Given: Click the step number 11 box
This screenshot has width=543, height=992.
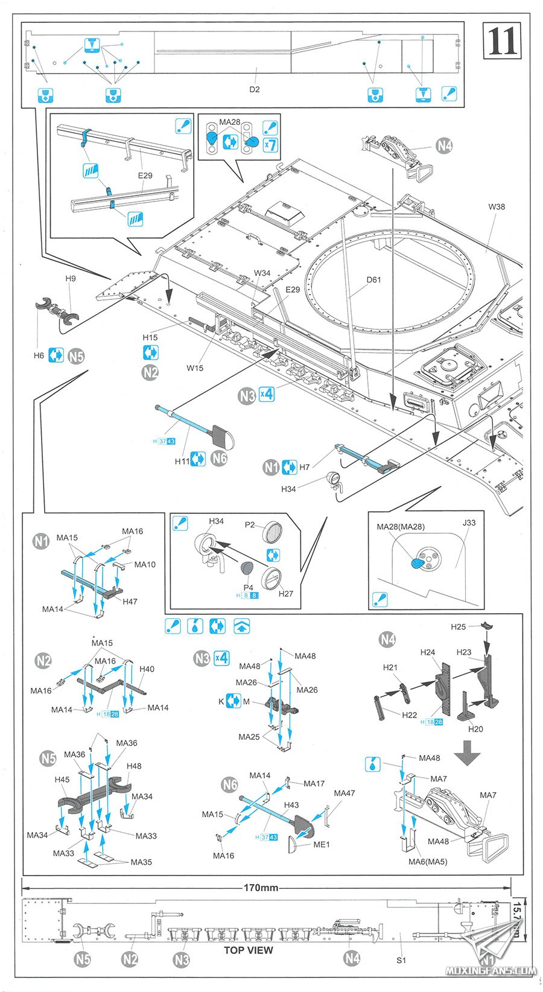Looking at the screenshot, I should click(501, 41).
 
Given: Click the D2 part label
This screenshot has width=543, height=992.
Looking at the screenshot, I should click(255, 89).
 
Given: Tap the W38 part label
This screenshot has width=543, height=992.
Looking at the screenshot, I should click(497, 206).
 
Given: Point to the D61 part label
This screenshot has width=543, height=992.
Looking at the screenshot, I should click(373, 279).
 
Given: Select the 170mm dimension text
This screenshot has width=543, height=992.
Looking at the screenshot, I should click(261, 888).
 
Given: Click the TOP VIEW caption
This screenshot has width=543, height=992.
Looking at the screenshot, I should click(248, 950).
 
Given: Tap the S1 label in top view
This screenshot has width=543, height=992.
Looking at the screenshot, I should click(401, 960).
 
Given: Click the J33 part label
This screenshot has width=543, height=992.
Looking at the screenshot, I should click(469, 523).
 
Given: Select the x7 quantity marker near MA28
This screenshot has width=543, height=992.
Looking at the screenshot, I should click(270, 145).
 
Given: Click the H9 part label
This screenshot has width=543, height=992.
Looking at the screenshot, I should click(71, 278).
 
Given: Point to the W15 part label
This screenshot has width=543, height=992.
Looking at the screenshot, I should click(195, 367).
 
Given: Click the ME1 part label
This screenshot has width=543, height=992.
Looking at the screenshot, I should click(322, 844).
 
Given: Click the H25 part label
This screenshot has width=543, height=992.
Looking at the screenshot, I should click(458, 627).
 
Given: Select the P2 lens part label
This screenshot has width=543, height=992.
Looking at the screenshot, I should click(250, 524).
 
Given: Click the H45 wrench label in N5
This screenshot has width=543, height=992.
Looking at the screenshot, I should click(62, 780).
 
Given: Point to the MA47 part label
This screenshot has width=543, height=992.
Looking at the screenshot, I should click(344, 793).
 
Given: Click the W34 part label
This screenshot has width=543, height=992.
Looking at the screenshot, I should click(262, 273).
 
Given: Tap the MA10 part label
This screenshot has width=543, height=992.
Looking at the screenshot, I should click(145, 564).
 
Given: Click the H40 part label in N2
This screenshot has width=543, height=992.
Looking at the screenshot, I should click(147, 669).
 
